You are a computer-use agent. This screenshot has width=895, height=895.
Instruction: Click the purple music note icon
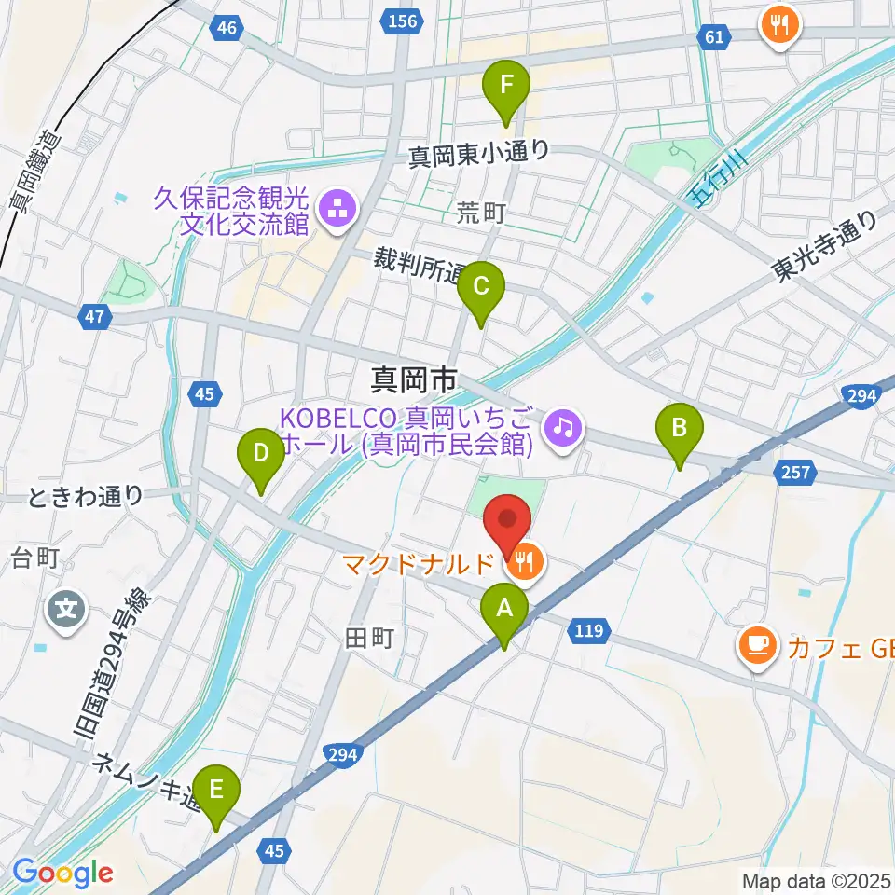click(563, 428)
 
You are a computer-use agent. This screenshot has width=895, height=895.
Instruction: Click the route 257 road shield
click(795, 475)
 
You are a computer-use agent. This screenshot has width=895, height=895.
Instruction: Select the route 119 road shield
click(587, 632)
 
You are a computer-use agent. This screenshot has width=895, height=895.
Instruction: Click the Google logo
click(63, 873)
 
